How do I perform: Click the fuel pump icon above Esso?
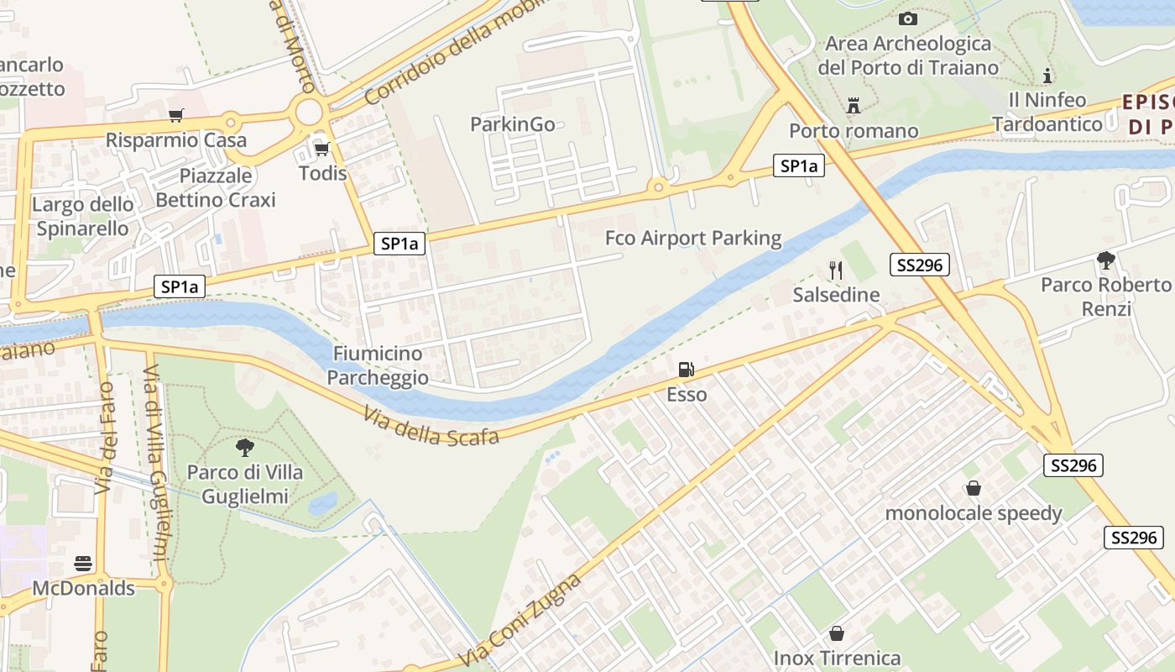click(x=686, y=369)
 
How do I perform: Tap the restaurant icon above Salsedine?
click(x=835, y=270)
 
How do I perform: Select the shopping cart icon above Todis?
click(x=321, y=150)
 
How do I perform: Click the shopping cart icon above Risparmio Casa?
click(x=175, y=115)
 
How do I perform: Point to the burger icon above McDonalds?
click(x=83, y=563)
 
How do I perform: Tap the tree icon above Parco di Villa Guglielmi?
click(x=244, y=447)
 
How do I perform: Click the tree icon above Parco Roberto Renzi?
click(x=1105, y=260)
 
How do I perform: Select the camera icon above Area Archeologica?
click(x=907, y=18)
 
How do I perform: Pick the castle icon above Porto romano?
click(x=854, y=106)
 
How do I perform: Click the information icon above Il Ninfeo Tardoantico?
click(x=1047, y=76)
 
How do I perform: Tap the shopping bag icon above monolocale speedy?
click(x=974, y=488)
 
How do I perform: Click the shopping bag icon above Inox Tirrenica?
click(x=836, y=633)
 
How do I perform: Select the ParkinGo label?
click(x=512, y=124)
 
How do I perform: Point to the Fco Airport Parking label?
click(x=693, y=239)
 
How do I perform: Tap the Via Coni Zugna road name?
click(x=521, y=622)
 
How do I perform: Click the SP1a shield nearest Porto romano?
click(x=798, y=166)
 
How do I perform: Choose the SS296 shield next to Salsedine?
click(x=918, y=265)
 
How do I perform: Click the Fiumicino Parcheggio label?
click(x=378, y=365)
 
